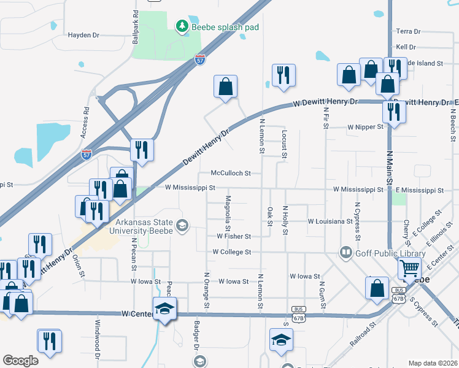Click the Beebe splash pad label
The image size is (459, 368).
[225, 27]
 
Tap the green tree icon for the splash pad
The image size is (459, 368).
[182, 26]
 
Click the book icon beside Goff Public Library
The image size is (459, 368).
[346, 253]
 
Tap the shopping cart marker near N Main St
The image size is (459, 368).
[409, 267]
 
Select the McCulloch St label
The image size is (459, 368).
[231, 174]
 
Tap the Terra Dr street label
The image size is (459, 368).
[408, 31]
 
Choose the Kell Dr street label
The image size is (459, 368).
[406, 47]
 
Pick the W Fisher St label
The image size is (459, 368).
[234, 236]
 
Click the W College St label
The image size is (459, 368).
[232, 252]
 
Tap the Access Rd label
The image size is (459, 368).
[86, 116]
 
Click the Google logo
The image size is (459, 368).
[21, 361]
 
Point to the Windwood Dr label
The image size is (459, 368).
[97, 339]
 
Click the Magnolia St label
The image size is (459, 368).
[228, 209]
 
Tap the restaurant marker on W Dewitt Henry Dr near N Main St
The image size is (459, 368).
[391, 112]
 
